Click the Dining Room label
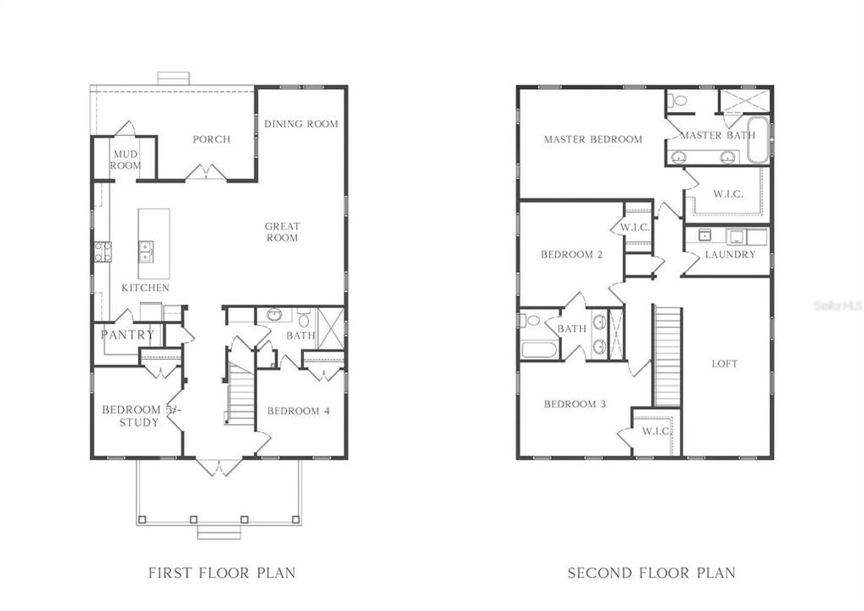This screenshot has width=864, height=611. coord(300,124)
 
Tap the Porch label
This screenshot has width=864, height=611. coord(211,139)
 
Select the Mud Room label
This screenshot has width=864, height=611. coord(126,159)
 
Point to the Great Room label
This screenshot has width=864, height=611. coord(282,232)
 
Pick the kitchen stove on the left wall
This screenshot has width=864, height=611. coord(102,251)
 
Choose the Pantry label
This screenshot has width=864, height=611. coord(127,334)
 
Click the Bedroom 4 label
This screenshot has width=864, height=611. coord(299,412)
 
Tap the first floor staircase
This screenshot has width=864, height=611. coord(241,392)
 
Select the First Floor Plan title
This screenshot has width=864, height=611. coord(222,573)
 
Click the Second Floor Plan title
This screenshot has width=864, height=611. coord(652,573)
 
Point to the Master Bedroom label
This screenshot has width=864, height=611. coord(592,139)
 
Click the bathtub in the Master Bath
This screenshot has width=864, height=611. coord(757,140)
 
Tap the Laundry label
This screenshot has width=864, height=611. coord(730,254)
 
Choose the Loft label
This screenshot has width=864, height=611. coord(724,364)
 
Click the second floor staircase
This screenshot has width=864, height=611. coord(667,356)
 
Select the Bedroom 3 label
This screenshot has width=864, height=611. coord(575,404)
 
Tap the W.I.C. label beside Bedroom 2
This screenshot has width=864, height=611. coord(635,227)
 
